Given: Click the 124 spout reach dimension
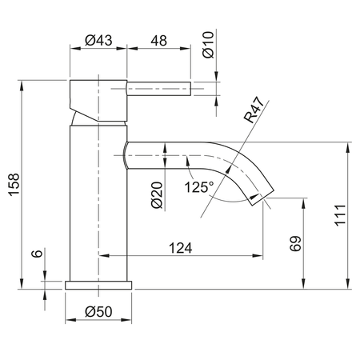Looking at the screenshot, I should (x=181, y=248).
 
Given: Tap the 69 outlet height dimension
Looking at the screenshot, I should (x=293, y=243).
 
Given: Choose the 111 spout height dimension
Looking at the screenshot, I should (x=338, y=216).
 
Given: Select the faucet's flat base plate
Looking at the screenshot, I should (x=98, y=285).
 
